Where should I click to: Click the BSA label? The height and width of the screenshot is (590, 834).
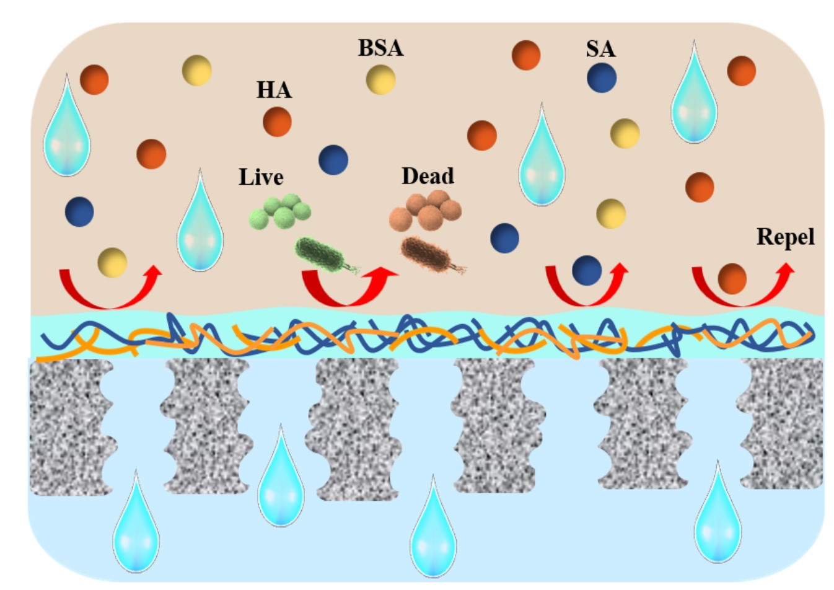(380, 48)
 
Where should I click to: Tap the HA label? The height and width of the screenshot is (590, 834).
(274, 90)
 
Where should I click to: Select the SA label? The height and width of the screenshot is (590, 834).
(601, 49)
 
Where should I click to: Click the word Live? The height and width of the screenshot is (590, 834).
(261, 177)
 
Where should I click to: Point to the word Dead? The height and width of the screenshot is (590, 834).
(428, 176)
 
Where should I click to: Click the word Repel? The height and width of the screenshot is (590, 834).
(786, 237)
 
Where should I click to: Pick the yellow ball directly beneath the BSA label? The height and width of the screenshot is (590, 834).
(380, 80)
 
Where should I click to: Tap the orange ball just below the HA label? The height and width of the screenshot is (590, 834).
(277, 122)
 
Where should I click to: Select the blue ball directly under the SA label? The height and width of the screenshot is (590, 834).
(602, 78)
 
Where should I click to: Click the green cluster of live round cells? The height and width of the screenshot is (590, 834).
(280, 211)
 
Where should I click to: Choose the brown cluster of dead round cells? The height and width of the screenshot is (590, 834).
(425, 210)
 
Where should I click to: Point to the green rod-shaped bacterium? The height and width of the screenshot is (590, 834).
(326, 255)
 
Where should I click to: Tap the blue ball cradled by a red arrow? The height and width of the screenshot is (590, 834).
(587, 271)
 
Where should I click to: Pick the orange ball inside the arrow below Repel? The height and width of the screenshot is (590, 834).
(732, 279)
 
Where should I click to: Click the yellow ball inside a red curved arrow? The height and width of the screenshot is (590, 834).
(112, 263)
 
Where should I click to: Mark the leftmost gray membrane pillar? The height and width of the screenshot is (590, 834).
(71, 427)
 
